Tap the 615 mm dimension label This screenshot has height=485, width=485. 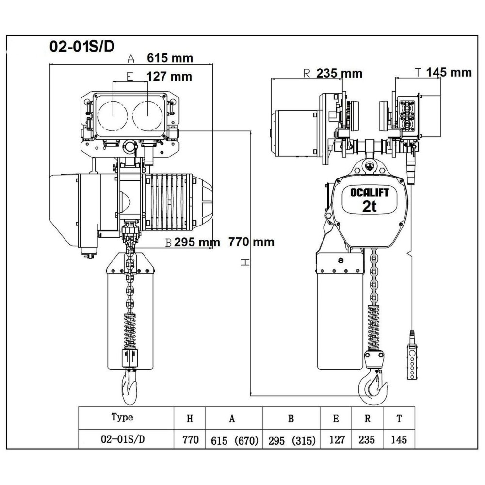[x=169, y=58]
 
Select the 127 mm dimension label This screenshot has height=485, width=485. [x=169, y=76]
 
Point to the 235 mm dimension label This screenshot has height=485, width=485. [x=339, y=73]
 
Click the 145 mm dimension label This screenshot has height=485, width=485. [x=449, y=72]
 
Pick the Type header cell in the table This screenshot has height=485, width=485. [x=122, y=417]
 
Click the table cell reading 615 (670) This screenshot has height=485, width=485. [x=234, y=440]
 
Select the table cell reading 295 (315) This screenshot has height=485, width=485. [x=291, y=440]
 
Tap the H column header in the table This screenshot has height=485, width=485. [x=190, y=418]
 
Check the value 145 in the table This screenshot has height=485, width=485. [x=398, y=440]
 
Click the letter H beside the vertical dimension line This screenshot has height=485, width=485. [x=246, y=262]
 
